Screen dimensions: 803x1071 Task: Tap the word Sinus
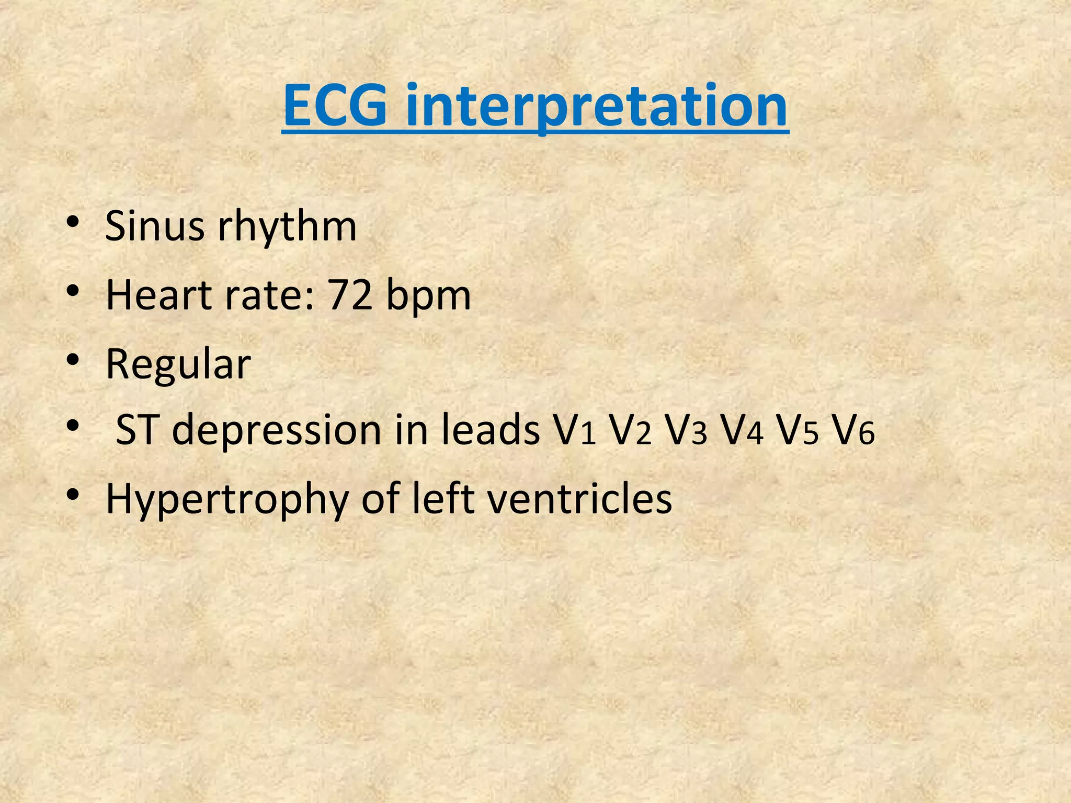tap(154, 226)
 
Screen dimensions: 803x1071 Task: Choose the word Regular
tap(178, 365)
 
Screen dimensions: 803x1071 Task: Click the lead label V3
tap(686, 431)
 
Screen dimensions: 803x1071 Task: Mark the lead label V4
tap(742, 431)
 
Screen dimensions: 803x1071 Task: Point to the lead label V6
tap(853, 431)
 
